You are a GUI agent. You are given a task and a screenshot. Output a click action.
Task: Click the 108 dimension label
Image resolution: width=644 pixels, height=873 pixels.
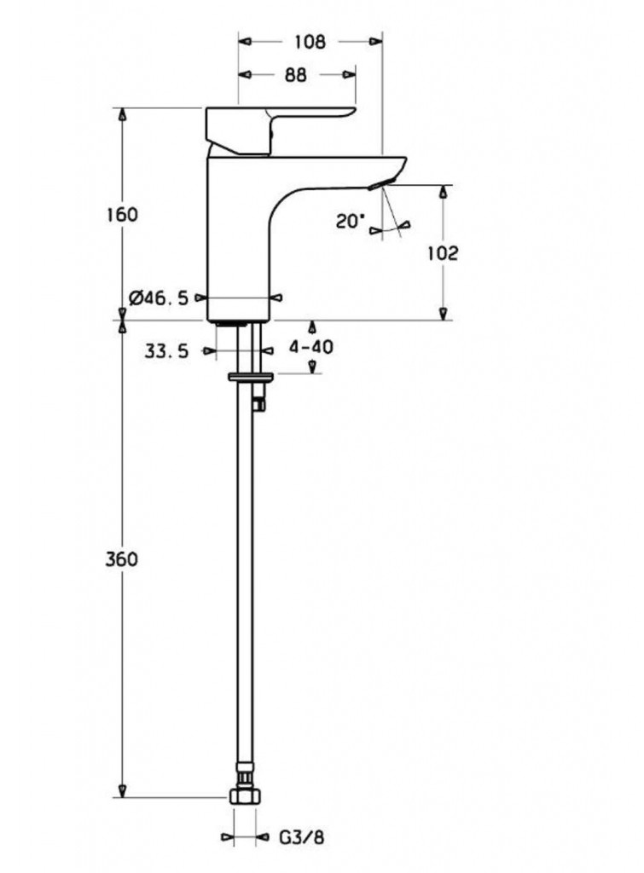click(310, 42)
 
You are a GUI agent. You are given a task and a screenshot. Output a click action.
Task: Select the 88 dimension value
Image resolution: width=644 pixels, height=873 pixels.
click(296, 75)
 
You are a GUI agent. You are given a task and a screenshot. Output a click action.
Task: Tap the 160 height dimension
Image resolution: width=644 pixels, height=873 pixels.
click(122, 214)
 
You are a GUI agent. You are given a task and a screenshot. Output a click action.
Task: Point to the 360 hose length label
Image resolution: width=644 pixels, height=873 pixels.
click(121, 559)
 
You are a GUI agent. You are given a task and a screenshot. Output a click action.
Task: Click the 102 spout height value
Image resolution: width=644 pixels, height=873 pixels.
click(443, 253)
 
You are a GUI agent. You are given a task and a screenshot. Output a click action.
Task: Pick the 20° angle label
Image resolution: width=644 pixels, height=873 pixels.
click(349, 222)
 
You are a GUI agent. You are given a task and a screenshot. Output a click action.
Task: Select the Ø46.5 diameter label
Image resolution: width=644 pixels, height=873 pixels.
click(158, 298)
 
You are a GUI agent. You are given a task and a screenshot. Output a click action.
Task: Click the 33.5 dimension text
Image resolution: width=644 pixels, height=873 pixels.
click(166, 350)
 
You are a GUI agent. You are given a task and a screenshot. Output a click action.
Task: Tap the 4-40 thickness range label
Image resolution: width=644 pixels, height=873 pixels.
click(310, 347)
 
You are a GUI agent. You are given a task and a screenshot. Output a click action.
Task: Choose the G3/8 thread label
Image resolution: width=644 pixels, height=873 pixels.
click(301, 837)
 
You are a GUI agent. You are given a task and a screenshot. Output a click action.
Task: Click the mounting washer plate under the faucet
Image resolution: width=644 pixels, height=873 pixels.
click(251, 378)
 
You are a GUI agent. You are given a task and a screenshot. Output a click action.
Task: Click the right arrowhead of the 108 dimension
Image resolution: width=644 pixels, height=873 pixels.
click(377, 42)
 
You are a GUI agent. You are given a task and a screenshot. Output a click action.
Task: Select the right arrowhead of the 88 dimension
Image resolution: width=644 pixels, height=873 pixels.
click(350, 75)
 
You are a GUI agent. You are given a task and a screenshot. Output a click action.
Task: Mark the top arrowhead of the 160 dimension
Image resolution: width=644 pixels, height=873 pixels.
click(123, 115)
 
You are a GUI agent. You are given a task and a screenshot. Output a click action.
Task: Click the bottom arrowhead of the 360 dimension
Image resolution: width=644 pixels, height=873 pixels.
click(123, 790)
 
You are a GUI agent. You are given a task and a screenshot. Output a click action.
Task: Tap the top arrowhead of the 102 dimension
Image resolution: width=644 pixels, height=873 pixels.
click(444, 192)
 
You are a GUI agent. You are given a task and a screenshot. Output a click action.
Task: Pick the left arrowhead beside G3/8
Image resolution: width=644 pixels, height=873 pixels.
click(227, 837)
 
